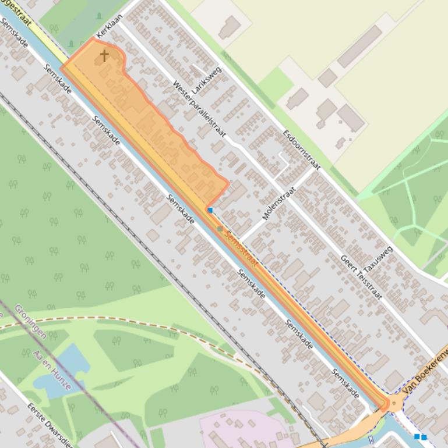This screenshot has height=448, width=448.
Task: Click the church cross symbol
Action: click(104, 55)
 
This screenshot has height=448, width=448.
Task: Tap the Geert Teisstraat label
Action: click(361, 277)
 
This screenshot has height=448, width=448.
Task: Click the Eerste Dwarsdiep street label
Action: click(50, 424)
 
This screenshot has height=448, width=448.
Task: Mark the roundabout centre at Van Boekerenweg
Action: click(394, 403)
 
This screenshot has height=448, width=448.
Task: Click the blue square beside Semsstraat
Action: click(210, 210)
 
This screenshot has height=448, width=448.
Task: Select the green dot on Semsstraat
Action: click(220, 229)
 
